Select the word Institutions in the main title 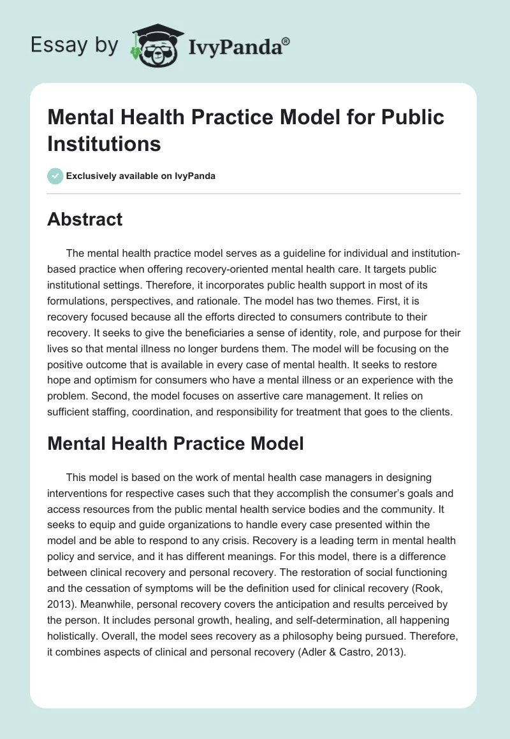[x=105, y=143]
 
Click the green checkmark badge [x=55, y=176]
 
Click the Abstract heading [x=85, y=220]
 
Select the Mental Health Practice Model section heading [x=175, y=444]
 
